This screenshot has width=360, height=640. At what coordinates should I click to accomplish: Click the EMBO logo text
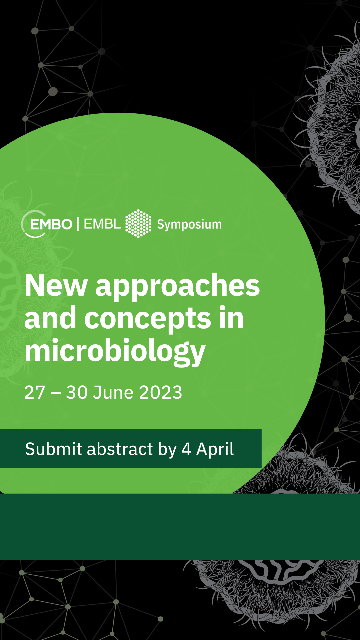pos(51,224)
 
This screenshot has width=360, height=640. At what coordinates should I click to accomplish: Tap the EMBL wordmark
pos(102,224)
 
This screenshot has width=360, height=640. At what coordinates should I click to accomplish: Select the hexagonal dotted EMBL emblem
pos(138,223)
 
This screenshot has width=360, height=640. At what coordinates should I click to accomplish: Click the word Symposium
pos(189,225)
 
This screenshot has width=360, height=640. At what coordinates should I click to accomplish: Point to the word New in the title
pos(56,285)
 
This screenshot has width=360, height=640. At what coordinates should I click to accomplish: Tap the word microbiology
pos(115,352)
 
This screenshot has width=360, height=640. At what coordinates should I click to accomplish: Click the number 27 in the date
pos(35,392)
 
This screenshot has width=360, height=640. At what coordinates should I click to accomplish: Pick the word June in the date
pos(113,392)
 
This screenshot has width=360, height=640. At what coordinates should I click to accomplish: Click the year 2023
pos(161,392)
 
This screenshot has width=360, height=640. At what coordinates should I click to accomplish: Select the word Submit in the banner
pos(54,449)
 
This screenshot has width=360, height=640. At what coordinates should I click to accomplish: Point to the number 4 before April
pos(186,449)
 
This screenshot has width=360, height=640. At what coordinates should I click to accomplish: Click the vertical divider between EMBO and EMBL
pos(78,224)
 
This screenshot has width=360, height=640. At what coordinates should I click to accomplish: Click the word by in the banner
pos(167,450)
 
